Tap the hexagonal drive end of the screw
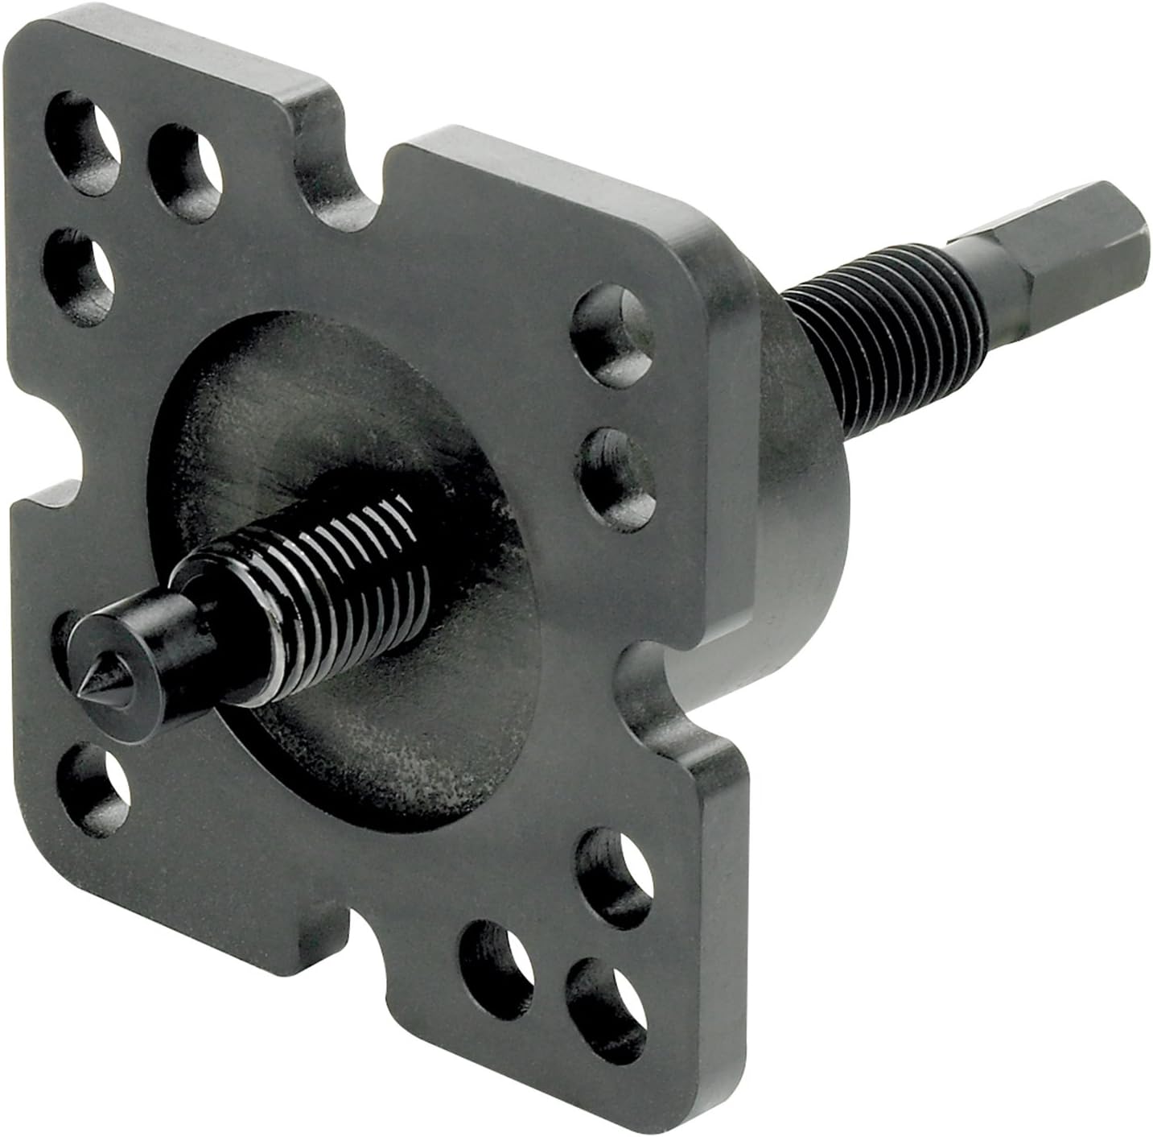click(x=1070, y=250)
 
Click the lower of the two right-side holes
click(x=618, y=476)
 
